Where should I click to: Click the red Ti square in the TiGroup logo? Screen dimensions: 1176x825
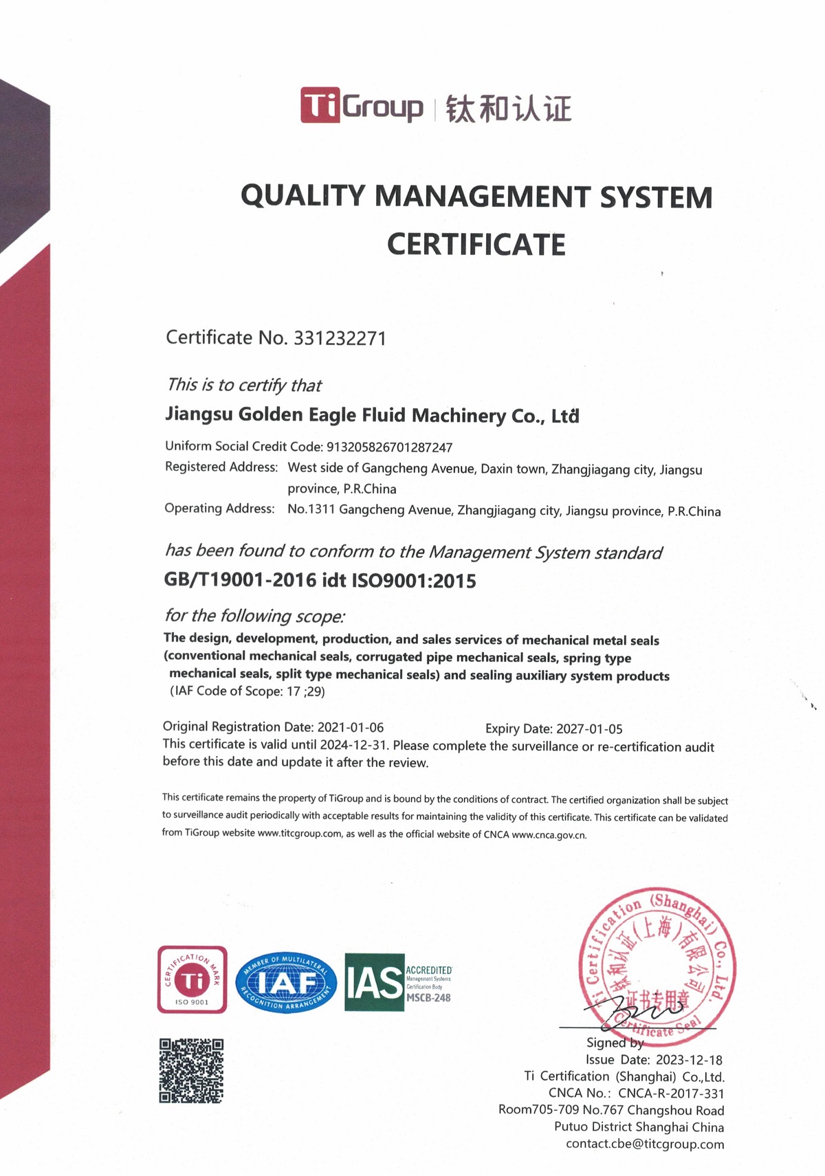320,105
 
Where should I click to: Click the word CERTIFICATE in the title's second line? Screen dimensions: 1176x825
476,245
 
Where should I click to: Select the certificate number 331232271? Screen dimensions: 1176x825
340,338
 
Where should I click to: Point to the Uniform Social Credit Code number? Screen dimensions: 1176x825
389,447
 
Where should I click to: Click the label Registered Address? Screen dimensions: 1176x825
221,467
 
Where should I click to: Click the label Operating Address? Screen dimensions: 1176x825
219,509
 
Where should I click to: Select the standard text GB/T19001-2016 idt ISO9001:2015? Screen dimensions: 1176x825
320,581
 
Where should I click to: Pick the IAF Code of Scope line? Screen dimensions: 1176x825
247,691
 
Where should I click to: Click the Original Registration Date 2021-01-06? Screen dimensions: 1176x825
350,727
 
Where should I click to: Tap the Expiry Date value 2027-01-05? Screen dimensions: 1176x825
589,729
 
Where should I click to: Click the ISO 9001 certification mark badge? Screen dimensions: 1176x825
192,979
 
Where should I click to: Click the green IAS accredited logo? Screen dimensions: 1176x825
397,982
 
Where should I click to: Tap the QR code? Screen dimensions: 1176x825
192,1070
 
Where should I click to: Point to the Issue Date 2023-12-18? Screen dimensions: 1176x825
689,1060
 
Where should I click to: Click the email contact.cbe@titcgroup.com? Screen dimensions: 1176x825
645,1144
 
